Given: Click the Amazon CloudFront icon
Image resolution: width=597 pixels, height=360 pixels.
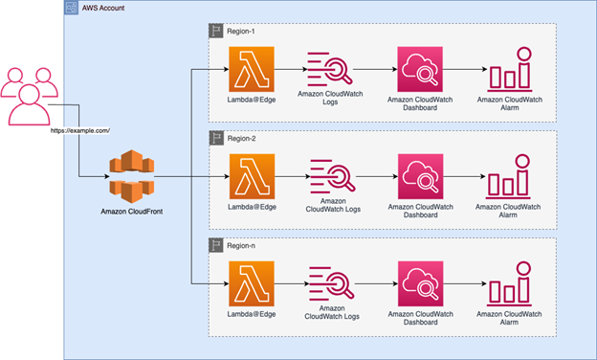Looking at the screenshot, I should click(130, 174).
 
